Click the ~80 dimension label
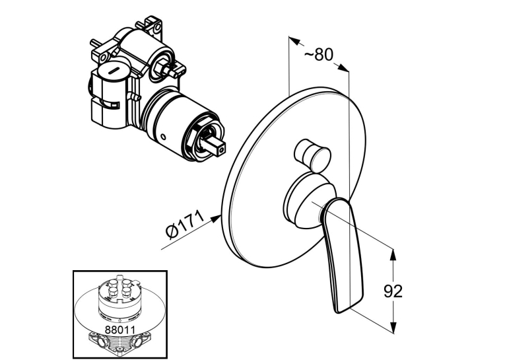[319, 55]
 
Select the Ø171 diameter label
[185, 225]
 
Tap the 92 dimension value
[393, 291]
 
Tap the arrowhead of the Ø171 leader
[216, 219]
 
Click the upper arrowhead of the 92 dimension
[393, 254]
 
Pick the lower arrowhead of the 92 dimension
[393, 327]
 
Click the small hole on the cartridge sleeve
[164, 137]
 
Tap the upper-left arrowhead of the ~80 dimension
[294, 40]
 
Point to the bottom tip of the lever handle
[337, 312]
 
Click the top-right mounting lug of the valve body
[154, 26]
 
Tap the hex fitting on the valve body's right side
[162, 66]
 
